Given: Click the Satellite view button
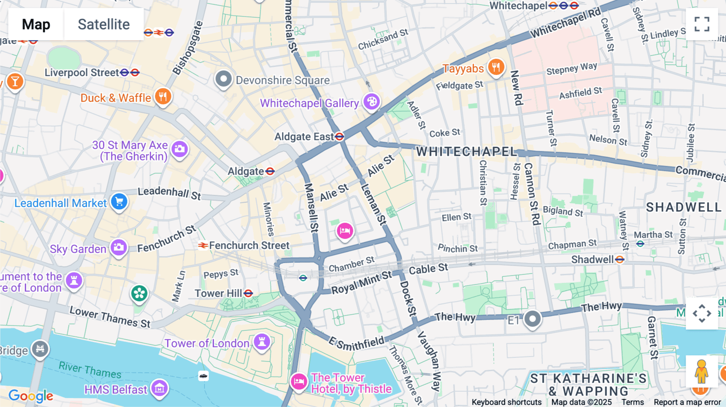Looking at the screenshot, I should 104,24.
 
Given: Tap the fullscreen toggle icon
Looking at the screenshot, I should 702,24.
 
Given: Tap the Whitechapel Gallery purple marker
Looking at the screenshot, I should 371,101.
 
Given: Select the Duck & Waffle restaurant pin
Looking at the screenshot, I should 163,96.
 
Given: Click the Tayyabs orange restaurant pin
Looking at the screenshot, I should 496,67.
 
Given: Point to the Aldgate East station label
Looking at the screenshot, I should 304,137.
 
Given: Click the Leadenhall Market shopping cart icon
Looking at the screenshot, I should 119,201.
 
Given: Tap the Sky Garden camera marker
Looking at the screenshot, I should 119,247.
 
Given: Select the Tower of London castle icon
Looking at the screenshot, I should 262,342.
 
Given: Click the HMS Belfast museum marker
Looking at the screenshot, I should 159,388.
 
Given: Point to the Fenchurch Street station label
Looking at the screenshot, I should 249,245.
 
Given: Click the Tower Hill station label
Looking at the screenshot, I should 218,293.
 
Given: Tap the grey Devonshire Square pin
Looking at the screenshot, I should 223,79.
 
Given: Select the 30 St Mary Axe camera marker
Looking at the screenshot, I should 179,149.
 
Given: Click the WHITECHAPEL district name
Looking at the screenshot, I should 467,152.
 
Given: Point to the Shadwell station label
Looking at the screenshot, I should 592,260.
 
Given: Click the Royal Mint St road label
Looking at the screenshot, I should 361,282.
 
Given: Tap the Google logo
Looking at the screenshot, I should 31,396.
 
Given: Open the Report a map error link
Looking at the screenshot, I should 687,402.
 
